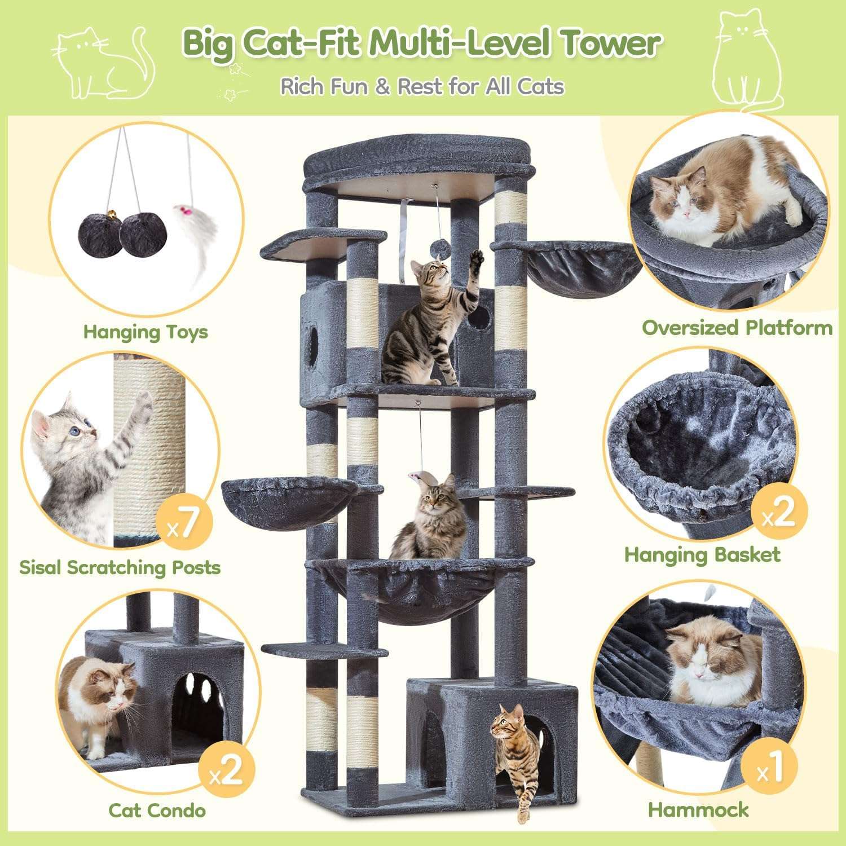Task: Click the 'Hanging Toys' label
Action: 146,332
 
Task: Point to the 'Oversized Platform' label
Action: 737,328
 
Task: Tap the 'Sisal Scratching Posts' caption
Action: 120,567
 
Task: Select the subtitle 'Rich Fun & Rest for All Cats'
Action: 422,87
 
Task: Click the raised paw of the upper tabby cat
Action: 477,259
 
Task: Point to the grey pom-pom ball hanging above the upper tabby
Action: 437,248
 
